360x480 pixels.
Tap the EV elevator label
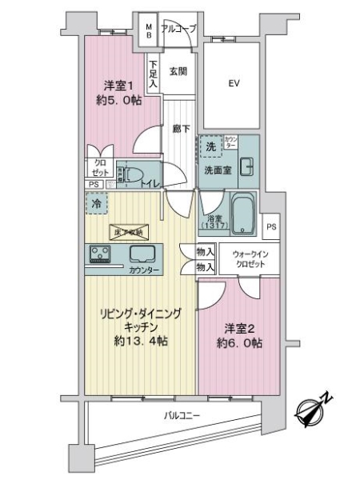tap(234, 82)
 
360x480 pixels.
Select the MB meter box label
tap(149, 31)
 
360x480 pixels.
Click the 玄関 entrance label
tap(178, 71)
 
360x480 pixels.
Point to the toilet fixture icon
tap(134, 174)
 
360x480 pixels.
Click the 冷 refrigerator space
tap(94, 203)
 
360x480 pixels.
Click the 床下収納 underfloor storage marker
tap(127, 232)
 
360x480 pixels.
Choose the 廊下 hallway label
tap(179, 127)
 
